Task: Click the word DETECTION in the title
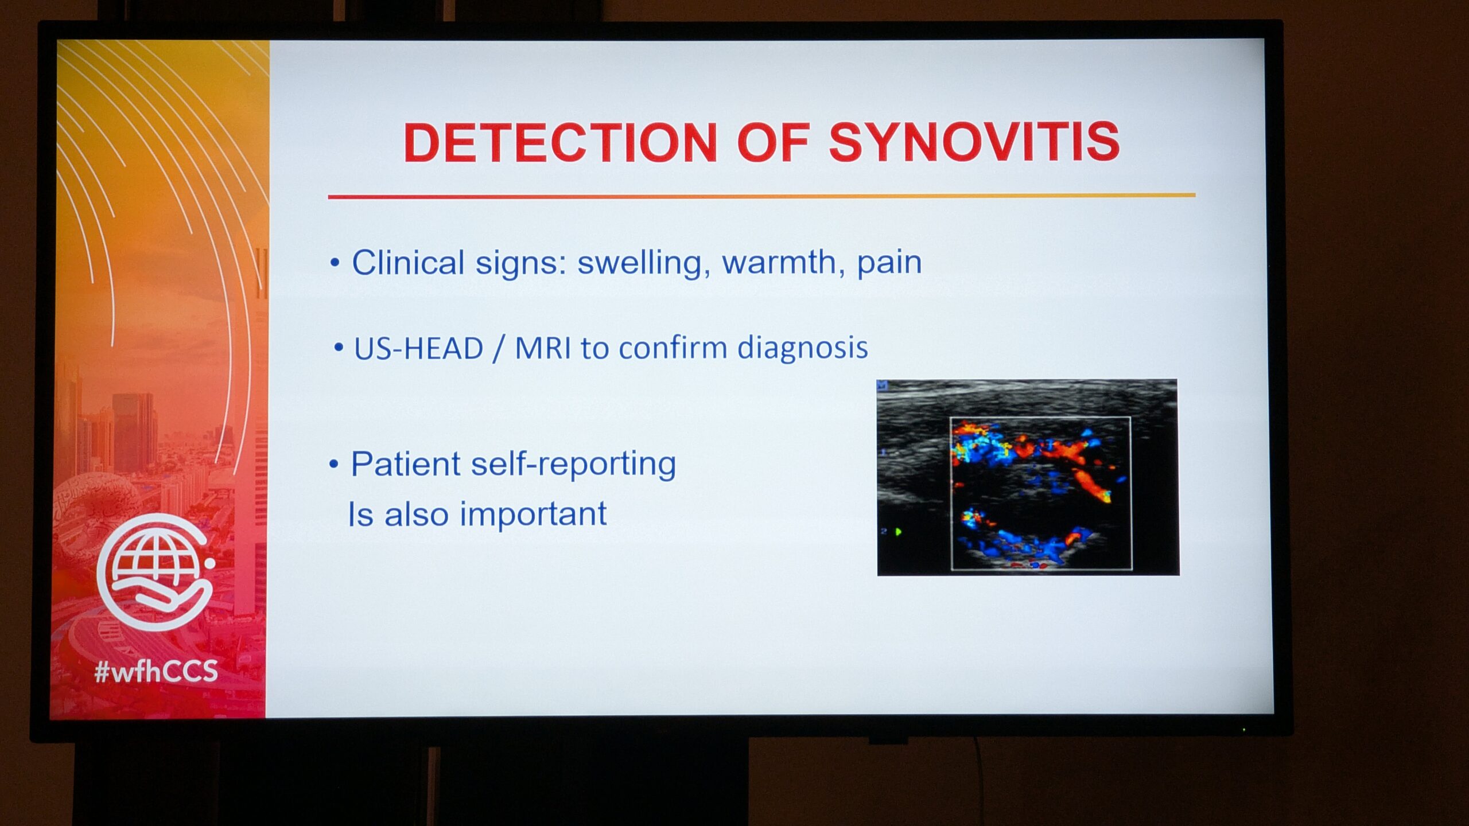560,142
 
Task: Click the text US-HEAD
418,349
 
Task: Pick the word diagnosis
802,348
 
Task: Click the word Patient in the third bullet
405,464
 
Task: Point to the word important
533,514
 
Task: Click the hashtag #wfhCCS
156,671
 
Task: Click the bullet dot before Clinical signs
335,263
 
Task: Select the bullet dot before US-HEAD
339,347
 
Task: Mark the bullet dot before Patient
334,465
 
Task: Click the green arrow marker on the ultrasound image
898,532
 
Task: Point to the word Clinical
407,263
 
